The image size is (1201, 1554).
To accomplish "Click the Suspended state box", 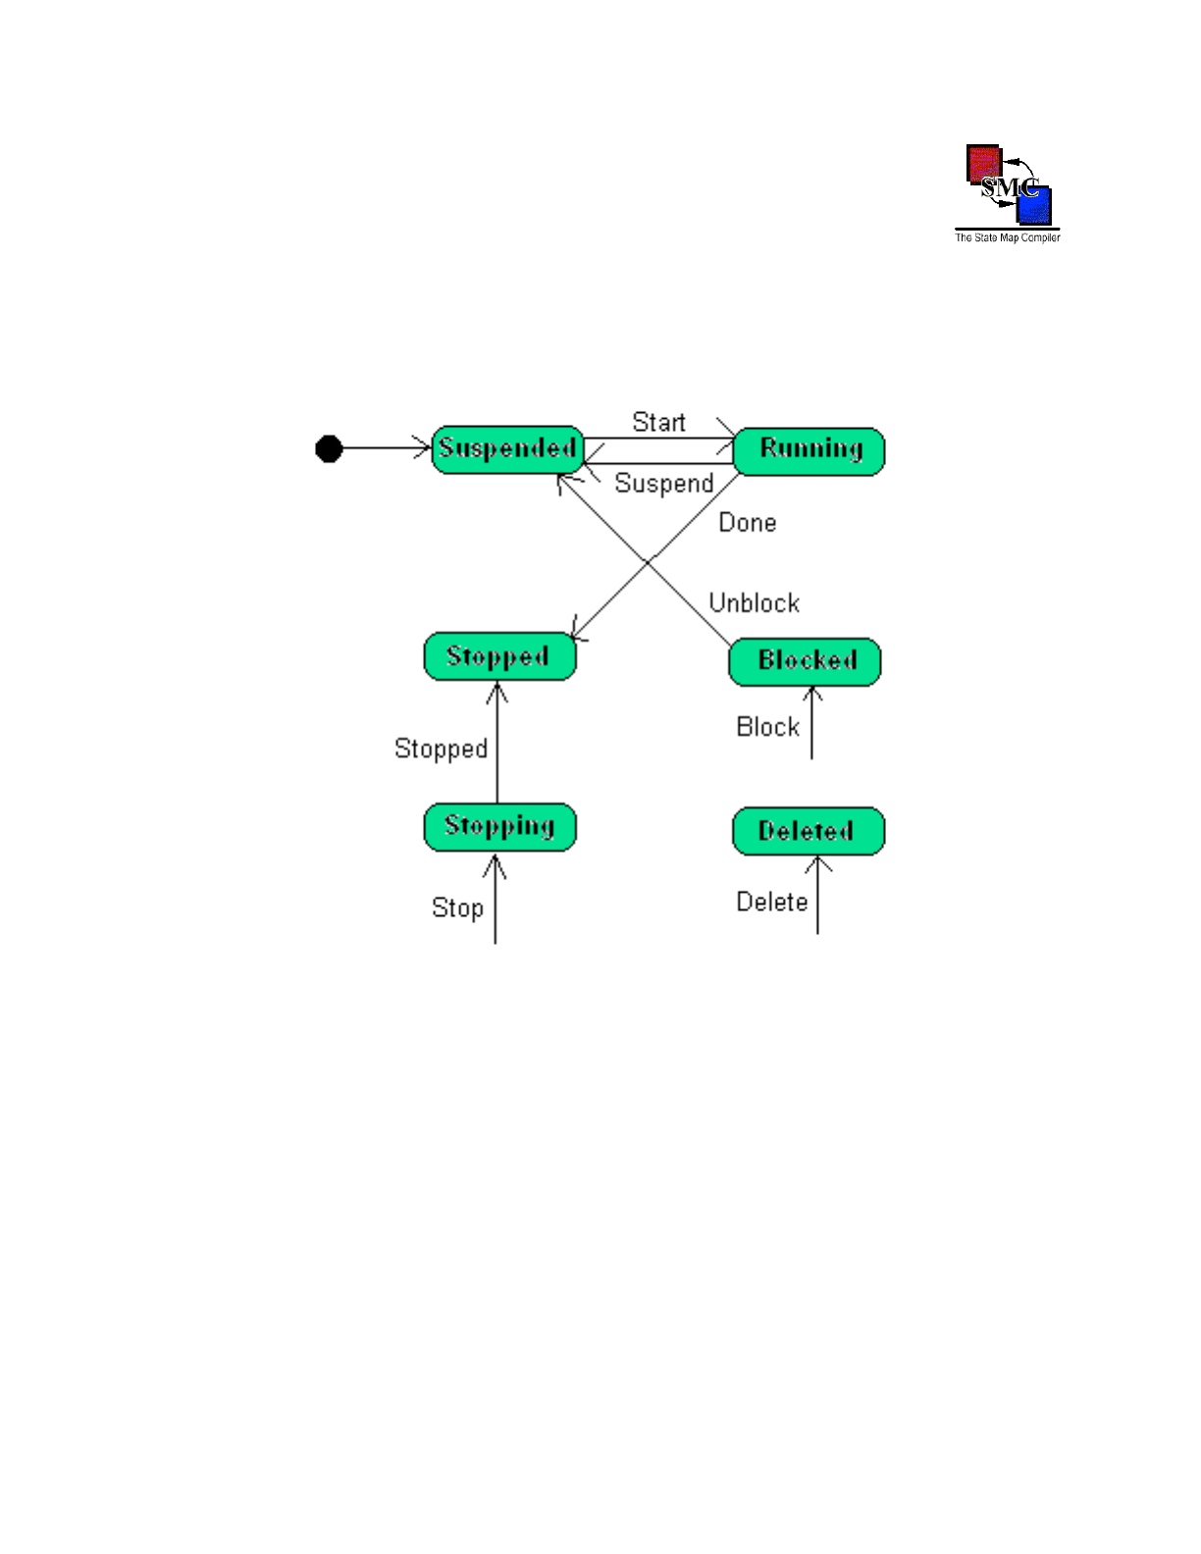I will point(507,449).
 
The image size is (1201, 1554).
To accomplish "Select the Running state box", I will point(809,451).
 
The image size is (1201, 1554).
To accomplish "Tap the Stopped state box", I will point(499,656).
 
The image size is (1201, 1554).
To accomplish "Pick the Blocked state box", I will point(805,661).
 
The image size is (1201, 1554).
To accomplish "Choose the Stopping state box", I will point(499,827).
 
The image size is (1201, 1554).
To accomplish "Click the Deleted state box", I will point(809,831).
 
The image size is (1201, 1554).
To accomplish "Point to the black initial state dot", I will point(329,449).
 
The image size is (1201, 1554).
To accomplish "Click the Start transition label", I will point(658,423).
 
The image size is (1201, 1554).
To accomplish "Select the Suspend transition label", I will point(663,484).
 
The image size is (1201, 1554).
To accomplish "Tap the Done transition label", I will point(747,523).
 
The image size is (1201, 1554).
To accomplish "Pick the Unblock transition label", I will point(754,603).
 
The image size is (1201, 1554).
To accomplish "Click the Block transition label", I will point(767,727).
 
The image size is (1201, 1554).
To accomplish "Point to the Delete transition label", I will point(771,903).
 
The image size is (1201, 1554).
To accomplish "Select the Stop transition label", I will point(457,908).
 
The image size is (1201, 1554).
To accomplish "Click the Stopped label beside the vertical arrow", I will point(441,750).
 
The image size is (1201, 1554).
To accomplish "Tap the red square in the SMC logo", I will point(982,162).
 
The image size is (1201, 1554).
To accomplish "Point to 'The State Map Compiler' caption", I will point(1008,237).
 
